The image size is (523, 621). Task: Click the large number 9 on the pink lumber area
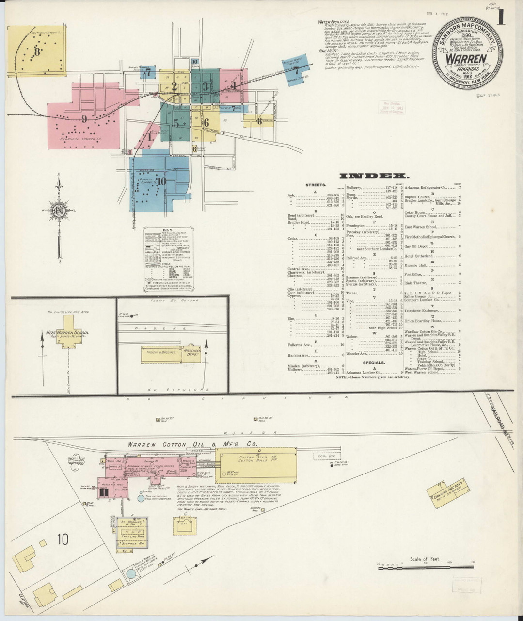tap(84, 118)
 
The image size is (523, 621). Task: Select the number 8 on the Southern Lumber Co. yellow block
tap(36, 51)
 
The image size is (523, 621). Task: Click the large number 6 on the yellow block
tap(206, 123)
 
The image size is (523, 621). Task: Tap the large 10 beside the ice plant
tap(62, 539)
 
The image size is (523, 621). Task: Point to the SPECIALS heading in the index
tap(374, 362)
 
